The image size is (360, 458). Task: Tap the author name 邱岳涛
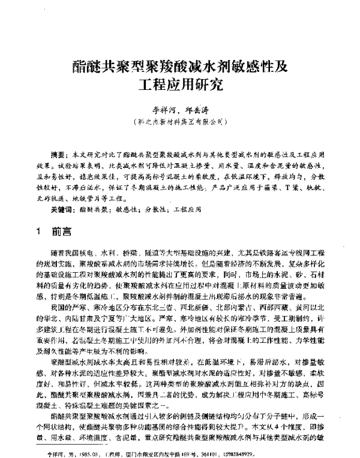[202, 110]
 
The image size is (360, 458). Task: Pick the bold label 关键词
[62, 212]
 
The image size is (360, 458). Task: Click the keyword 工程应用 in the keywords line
[188, 212]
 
